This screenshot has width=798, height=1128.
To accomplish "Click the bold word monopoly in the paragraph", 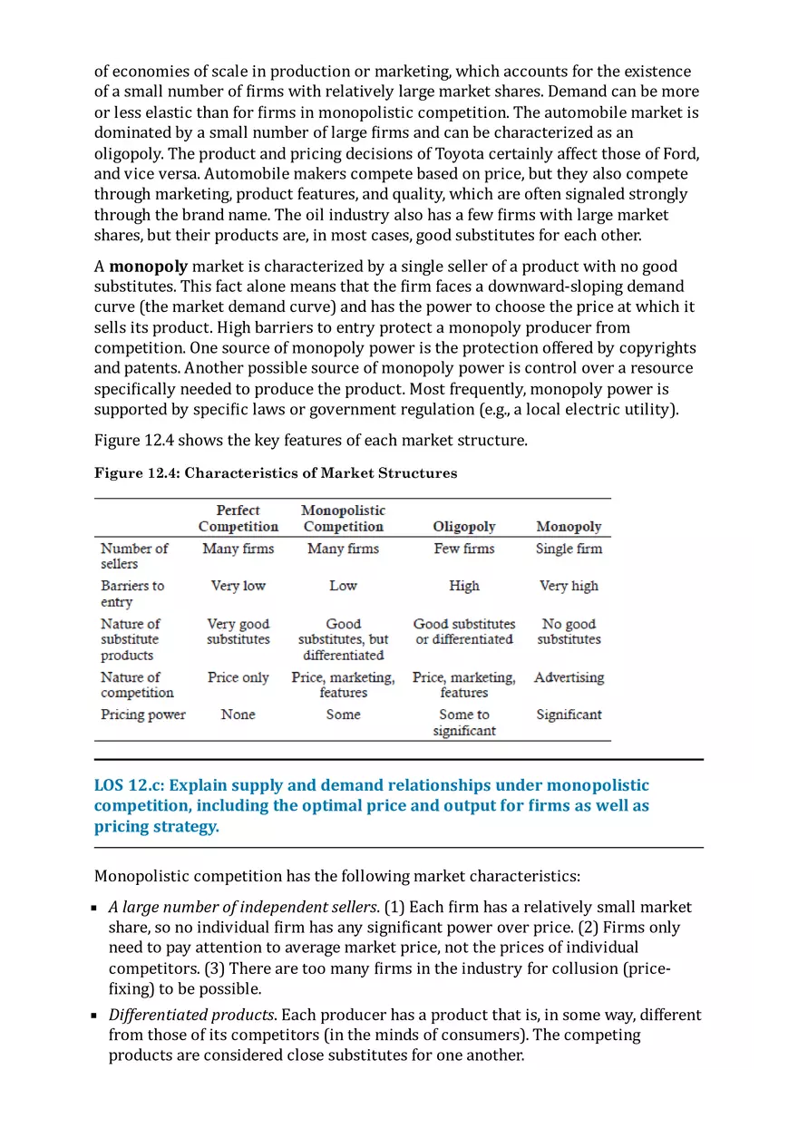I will [148, 267].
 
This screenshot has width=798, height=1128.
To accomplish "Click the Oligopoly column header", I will [463, 527].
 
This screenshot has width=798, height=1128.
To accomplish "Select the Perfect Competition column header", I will [238, 519].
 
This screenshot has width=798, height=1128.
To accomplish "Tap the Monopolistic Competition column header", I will [343, 519].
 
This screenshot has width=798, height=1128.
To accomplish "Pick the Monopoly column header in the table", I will [569, 527].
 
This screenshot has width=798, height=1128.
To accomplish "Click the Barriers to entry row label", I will [131, 594].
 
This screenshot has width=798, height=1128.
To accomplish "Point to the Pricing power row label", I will [142, 715].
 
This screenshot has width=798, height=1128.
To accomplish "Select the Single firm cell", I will [569, 549].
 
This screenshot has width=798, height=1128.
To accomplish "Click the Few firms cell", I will [463, 549].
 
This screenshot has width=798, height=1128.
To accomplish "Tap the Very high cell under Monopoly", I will [569, 586].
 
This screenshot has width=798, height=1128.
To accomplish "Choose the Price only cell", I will [238, 677].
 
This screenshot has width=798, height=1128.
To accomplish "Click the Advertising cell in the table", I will [569, 677].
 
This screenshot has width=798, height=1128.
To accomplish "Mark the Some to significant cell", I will [463, 723].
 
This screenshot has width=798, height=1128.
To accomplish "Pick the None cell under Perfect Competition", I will [238, 715].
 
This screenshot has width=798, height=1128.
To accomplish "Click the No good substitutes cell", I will [569, 632].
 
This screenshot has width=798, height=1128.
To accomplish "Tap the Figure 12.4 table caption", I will [276, 473].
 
